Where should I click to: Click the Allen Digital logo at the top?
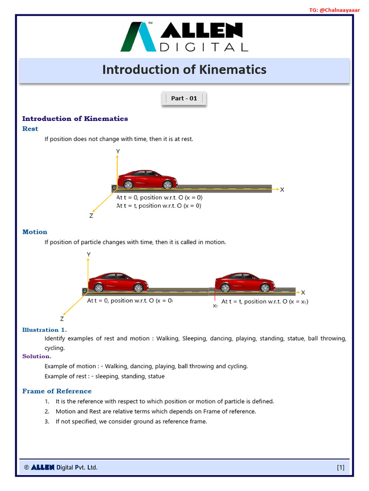point(184,37)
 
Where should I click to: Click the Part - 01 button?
point(184,98)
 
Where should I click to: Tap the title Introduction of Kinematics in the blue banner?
point(184,70)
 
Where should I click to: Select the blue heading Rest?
point(30,129)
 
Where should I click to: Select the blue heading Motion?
point(35,232)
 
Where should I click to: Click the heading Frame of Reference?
point(57,391)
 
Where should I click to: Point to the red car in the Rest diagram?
point(147,180)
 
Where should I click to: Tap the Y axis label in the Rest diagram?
point(118,151)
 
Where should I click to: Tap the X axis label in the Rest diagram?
point(282,189)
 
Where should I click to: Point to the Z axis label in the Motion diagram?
point(62,318)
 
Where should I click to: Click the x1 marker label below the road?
point(215,305)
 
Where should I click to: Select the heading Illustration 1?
point(44,329)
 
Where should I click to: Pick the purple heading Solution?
point(37,356)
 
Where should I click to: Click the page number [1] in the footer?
point(340,467)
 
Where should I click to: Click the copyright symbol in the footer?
point(26,467)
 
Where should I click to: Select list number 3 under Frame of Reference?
point(47,421)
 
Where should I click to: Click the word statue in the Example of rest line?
point(156,376)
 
